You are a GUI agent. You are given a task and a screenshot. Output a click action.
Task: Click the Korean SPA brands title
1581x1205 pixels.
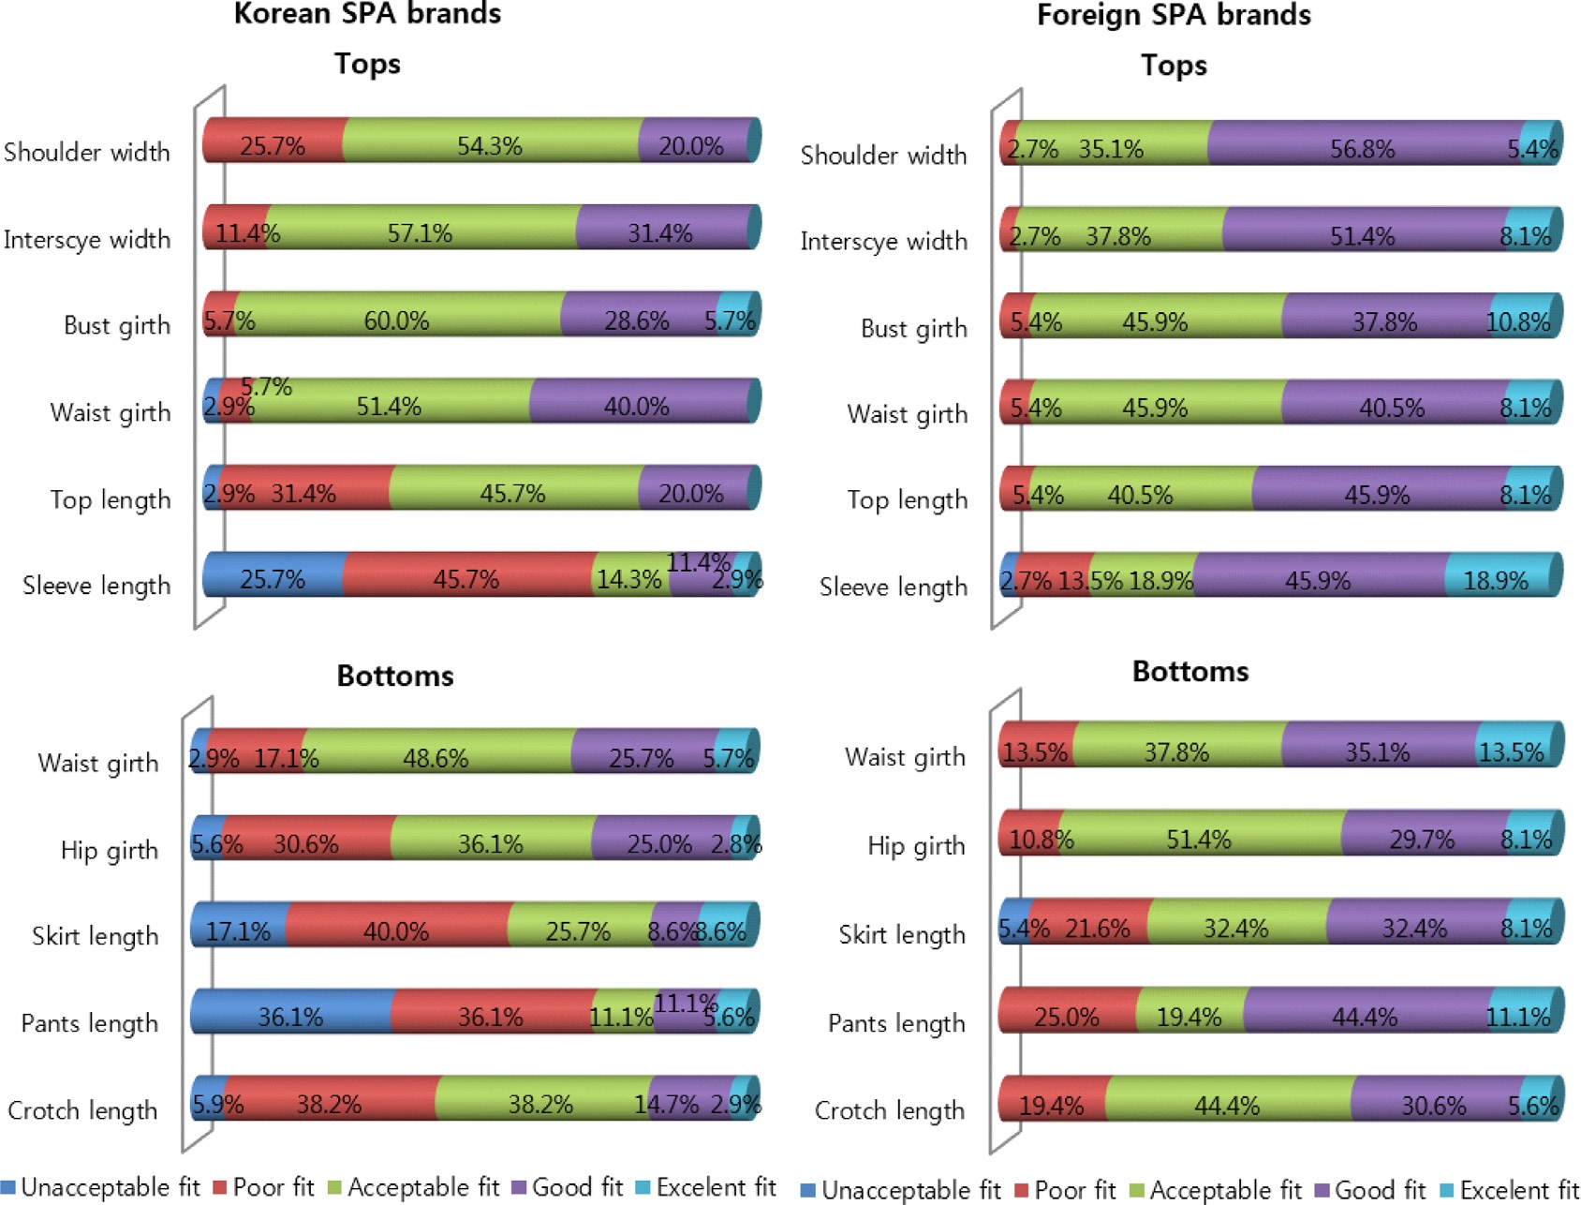pyautogui.click(x=367, y=14)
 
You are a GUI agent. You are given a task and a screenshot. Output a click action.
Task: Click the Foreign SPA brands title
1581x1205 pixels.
pyautogui.click(x=1174, y=15)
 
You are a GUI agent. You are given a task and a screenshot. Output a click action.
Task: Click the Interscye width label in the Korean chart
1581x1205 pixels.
pyautogui.click(x=87, y=240)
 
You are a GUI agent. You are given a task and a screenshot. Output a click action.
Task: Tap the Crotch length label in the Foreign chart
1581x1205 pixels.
pyautogui.click(x=890, y=1110)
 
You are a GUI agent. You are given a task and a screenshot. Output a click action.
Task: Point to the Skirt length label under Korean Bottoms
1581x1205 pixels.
pyautogui.click(x=96, y=936)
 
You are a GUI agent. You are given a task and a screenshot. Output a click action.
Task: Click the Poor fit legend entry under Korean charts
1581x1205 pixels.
pyautogui.click(x=264, y=1187)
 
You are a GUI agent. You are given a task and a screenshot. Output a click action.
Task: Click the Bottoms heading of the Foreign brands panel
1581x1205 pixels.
pyautogui.click(x=1190, y=671)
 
